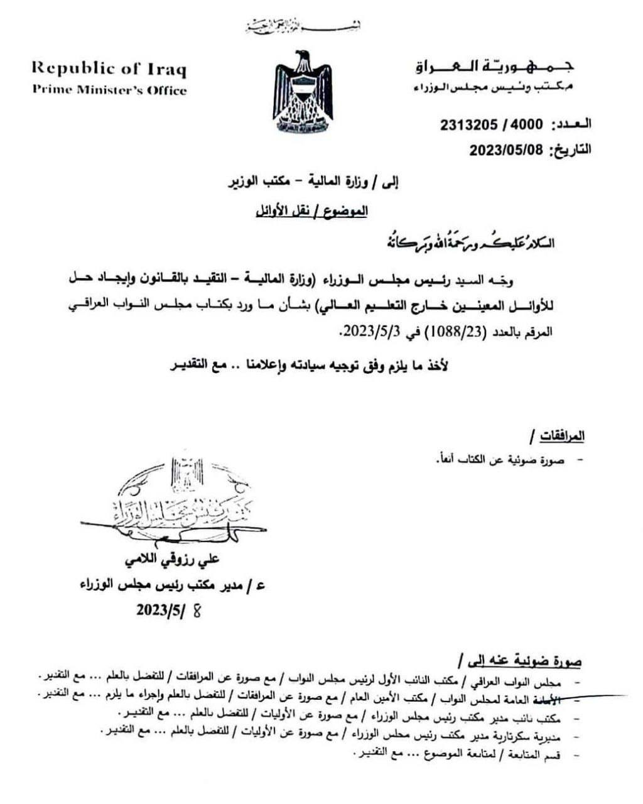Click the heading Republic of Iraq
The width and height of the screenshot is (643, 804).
pos(109,68)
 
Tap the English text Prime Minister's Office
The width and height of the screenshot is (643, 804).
pos(110,90)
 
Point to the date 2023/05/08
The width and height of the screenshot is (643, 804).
pos(508,149)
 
